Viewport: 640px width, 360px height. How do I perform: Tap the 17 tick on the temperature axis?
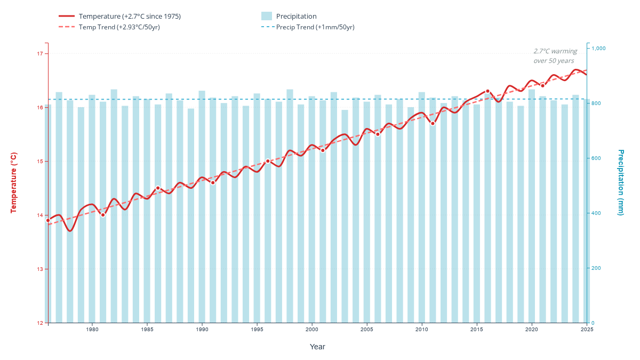39,53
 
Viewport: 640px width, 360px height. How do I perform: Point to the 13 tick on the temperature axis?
39,269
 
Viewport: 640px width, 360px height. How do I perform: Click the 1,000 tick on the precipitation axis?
599,49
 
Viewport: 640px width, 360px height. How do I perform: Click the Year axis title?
317,347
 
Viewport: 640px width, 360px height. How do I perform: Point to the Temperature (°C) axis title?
14,182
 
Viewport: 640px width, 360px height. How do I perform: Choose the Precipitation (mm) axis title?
621,182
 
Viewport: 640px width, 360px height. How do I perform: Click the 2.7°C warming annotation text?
555,56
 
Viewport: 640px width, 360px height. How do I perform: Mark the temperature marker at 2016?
487,91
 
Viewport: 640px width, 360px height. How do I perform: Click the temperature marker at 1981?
103,214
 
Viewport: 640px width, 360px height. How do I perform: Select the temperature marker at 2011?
433,123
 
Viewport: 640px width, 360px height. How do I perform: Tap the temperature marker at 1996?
268,161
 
